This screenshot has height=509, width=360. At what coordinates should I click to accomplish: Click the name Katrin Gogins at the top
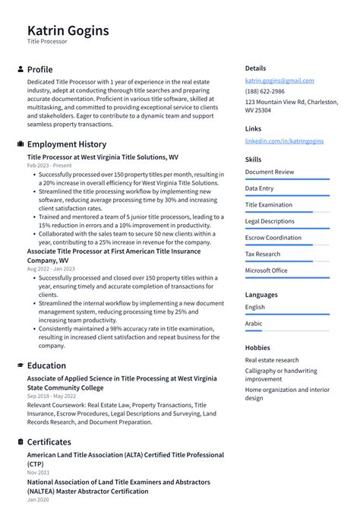point(68,30)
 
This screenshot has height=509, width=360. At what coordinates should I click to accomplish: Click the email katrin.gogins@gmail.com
point(279,81)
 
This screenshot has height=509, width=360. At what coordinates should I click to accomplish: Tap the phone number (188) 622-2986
point(266,91)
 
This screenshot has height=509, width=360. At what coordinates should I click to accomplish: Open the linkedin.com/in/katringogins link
point(283,141)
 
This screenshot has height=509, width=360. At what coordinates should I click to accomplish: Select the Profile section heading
point(39,69)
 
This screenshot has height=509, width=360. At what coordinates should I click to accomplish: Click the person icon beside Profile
point(20,69)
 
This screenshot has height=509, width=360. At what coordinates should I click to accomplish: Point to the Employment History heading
point(66,144)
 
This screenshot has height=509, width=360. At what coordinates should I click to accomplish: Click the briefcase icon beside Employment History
point(20,144)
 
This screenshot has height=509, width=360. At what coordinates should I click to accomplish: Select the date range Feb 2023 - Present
point(49,165)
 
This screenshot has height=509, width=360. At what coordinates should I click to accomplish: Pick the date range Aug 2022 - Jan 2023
point(51,269)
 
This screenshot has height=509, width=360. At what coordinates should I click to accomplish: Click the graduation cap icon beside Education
point(20,365)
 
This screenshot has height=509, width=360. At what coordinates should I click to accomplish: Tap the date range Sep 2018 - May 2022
point(52,396)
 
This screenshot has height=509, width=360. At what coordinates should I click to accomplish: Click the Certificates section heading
point(49,442)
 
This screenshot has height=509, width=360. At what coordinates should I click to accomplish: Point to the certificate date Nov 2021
point(38,473)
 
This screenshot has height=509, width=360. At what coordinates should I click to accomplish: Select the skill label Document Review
point(269,172)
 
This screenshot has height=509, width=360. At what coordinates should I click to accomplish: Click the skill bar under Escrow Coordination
point(287,245)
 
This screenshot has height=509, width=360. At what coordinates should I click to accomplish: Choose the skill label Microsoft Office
point(266,270)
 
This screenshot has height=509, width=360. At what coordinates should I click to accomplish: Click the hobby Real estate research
point(271,360)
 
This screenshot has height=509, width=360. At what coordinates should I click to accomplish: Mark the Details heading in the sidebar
point(255,68)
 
